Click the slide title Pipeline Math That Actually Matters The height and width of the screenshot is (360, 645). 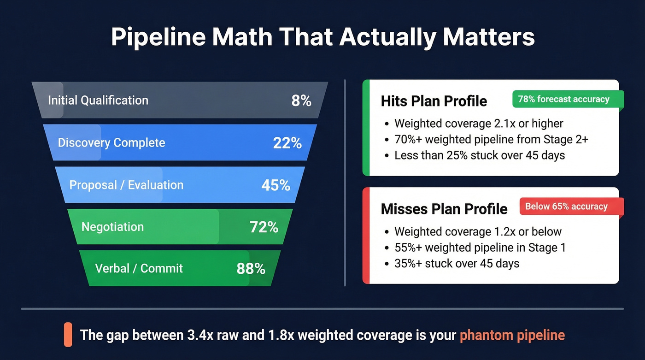[322, 37]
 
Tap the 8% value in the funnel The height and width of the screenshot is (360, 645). [301, 100]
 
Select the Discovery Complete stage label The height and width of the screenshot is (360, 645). [111, 143]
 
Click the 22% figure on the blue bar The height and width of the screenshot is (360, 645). [287, 143]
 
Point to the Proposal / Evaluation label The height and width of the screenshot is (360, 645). [126, 185]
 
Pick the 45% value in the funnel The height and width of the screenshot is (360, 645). [276, 185]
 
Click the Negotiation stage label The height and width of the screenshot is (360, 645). [112, 227]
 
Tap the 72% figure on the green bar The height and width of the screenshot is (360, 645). [264, 227]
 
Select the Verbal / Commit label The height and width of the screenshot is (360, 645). [139, 269]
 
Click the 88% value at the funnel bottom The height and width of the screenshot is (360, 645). [251, 269]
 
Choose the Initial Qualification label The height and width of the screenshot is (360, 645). [98, 100]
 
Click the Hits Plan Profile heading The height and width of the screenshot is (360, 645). [434, 101]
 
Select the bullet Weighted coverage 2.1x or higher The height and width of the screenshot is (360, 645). [479, 124]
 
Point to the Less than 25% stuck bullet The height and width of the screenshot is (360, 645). [479, 155]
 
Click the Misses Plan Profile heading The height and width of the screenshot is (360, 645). [444, 209]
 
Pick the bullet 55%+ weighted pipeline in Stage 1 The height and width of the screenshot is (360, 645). [480, 248]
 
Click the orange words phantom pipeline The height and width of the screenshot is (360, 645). [512, 335]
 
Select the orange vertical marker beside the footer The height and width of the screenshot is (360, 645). [68, 335]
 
